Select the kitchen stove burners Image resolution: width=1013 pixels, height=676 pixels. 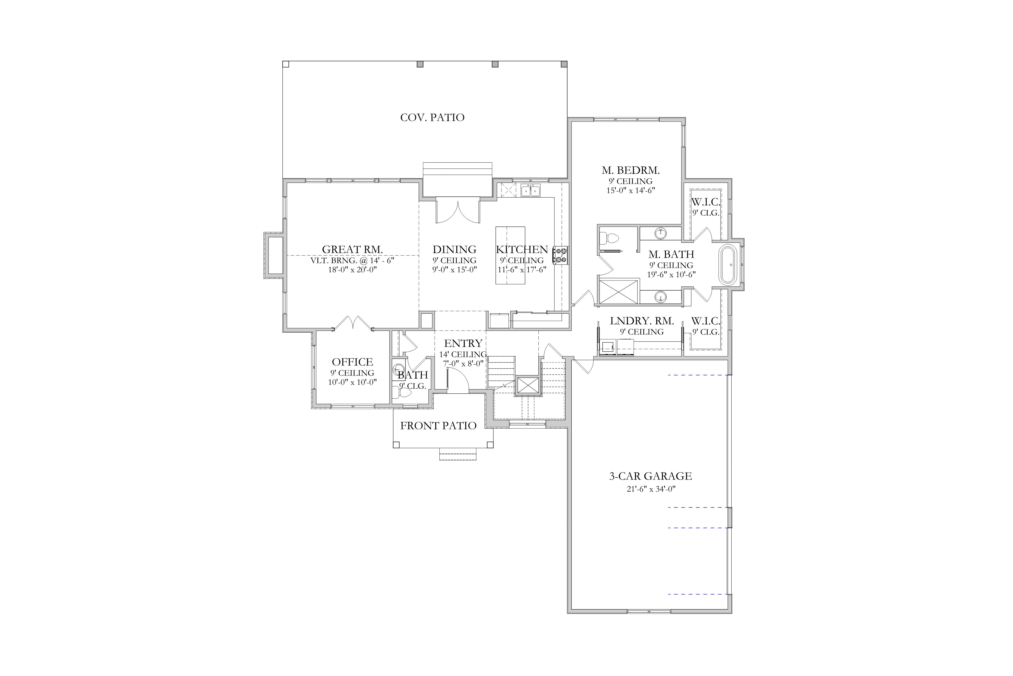point(561,255)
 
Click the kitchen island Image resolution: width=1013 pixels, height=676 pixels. point(510,255)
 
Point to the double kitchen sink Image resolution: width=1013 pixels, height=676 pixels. point(531,190)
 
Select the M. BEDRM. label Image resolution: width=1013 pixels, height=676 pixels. point(631,170)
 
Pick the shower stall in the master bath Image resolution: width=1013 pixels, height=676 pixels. point(619,292)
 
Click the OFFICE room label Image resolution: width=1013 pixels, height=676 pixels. point(352,362)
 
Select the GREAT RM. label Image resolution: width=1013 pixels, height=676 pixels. point(352,249)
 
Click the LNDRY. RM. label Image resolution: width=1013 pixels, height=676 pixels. point(642,321)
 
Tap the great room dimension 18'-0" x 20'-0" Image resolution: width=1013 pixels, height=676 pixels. point(352,270)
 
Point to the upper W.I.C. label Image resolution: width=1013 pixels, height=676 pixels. point(706,202)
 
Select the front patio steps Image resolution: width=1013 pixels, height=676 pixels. point(458,454)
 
